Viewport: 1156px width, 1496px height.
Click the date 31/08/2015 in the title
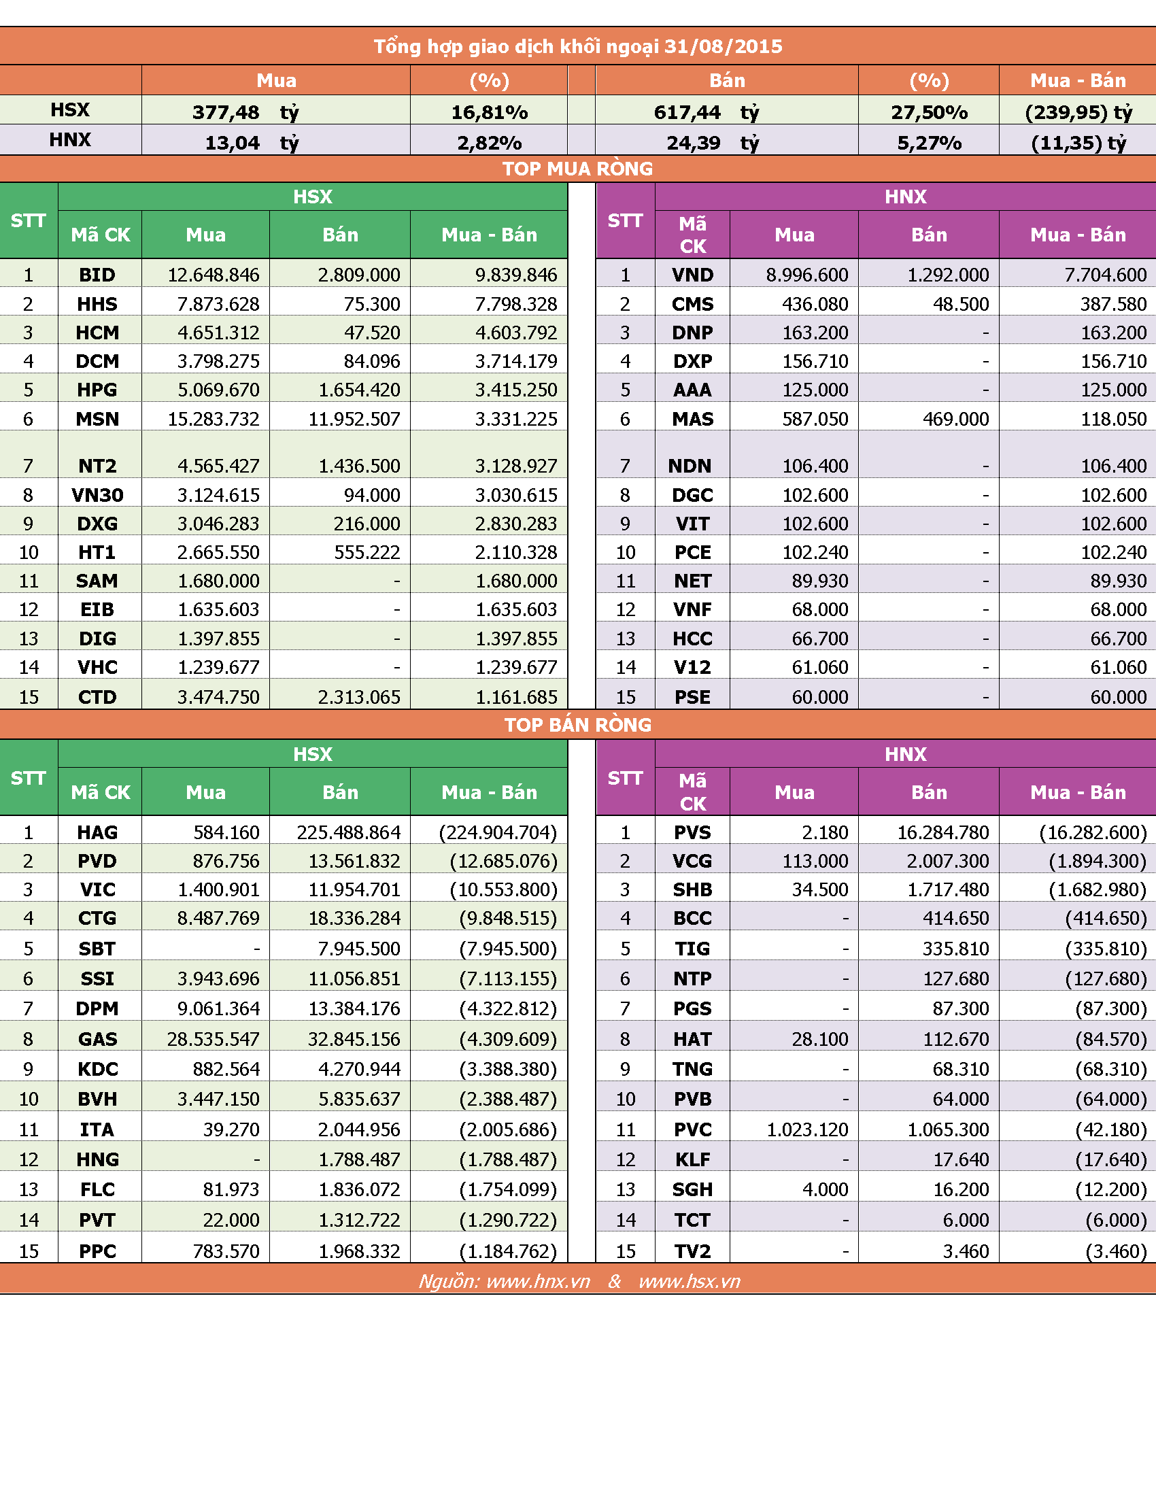click(x=724, y=46)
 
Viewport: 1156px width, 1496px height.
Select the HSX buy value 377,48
click(x=226, y=112)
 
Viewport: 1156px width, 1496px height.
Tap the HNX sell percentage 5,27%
click(x=930, y=143)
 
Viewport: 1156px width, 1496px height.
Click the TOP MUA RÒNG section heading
click(x=577, y=169)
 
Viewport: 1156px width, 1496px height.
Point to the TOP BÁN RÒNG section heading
click(x=577, y=725)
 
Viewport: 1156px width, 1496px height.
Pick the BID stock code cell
click(x=97, y=275)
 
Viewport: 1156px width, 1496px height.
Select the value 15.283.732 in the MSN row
click(x=214, y=418)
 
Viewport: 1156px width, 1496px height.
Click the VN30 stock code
click(x=97, y=494)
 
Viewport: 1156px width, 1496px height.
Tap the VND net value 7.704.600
click(x=1105, y=275)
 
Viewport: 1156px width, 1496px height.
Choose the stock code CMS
click(x=692, y=304)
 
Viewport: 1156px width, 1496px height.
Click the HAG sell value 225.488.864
click(x=349, y=832)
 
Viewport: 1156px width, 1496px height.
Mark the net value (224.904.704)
click(x=498, y=832)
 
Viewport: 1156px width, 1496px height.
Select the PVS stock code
click(x=692, y=832)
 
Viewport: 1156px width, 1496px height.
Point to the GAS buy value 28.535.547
click(x=214, y=1039)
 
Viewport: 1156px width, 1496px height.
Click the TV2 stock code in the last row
click(x=692, y=1251)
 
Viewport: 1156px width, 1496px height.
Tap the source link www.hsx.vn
click(x=690, y=1281)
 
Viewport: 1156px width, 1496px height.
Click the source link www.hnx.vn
click(x=539, y=1281)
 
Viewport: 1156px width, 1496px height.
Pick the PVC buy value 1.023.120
click(x=807, y=1129)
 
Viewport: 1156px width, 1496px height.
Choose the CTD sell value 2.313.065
click(x=359, y=697)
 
